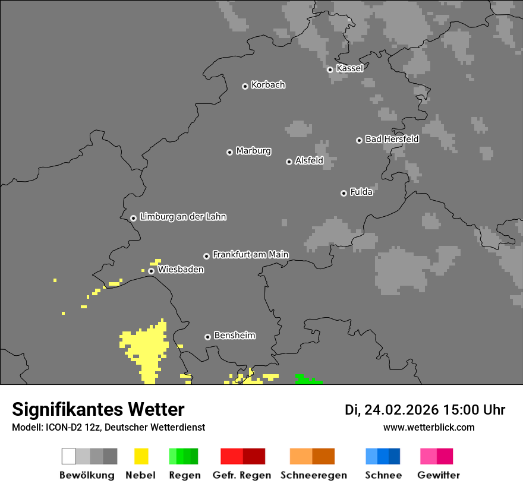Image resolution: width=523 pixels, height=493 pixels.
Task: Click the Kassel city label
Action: (x=349, y=68)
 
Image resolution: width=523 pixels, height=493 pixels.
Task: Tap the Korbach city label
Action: (x=268, y=85)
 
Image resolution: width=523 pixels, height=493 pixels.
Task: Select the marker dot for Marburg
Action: (x=229, y=152)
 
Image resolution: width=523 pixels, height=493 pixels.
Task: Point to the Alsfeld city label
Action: (x=309, y=160)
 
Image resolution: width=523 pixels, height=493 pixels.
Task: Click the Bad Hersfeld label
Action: (x=392, y=139)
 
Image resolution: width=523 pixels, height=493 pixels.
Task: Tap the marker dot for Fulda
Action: (x=344, y=193)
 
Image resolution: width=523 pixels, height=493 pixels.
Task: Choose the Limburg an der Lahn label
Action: (x=182, y=217)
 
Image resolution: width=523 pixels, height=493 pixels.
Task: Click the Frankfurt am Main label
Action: (x=250, y=254)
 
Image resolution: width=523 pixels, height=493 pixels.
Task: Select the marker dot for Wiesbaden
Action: (x=152, y=271)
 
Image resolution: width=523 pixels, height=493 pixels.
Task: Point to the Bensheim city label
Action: (x=234, y=335)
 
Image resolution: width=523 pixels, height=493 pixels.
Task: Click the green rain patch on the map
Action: (x=307, y=380)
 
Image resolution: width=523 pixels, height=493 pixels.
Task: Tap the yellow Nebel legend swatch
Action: (x=141, y=456)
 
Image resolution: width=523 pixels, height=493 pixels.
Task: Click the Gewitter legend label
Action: (x=438, y=475)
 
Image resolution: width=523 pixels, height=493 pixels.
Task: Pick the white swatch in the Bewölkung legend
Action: (x=69, y=456)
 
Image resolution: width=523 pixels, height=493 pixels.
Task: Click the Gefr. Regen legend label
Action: (x=242, y=475)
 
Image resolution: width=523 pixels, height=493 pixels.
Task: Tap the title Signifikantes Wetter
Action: (x=98, y=409)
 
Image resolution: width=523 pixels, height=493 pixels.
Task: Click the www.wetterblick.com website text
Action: (x=429, y=427)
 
